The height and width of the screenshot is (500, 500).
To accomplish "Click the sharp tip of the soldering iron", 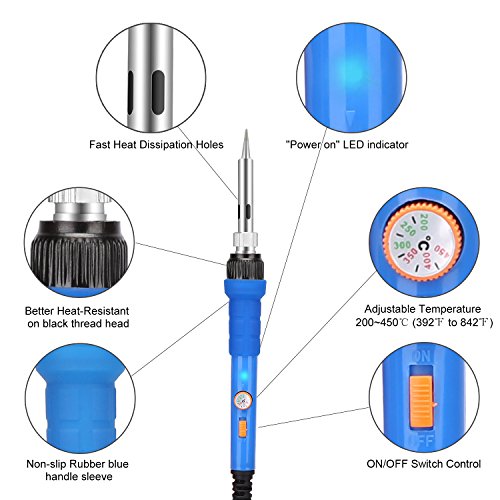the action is (246, 130).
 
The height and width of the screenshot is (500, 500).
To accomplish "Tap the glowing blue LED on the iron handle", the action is (244, 376).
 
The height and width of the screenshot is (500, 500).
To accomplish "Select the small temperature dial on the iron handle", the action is (243, 400).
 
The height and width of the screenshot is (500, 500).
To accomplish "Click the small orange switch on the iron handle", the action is (243, 429).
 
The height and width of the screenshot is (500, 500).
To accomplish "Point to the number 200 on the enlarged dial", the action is (423, 222).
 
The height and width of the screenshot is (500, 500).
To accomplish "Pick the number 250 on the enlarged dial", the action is (407, 229).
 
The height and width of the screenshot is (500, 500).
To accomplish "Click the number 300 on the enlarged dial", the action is (402, 245).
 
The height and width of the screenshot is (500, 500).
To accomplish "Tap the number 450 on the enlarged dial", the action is (442, 250).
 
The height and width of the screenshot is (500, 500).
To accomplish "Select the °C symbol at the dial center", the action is (424, 245).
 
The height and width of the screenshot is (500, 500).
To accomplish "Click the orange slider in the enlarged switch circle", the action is (421, 402).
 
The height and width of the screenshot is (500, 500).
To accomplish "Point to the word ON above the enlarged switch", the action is (421, 356).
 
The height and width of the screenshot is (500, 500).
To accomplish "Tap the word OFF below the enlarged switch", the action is (421, 441).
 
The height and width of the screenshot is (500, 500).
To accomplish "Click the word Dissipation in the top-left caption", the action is (166, 145).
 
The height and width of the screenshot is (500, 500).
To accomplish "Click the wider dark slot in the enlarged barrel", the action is (159, 92).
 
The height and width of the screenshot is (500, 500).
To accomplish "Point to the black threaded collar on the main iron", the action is (245, 266).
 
